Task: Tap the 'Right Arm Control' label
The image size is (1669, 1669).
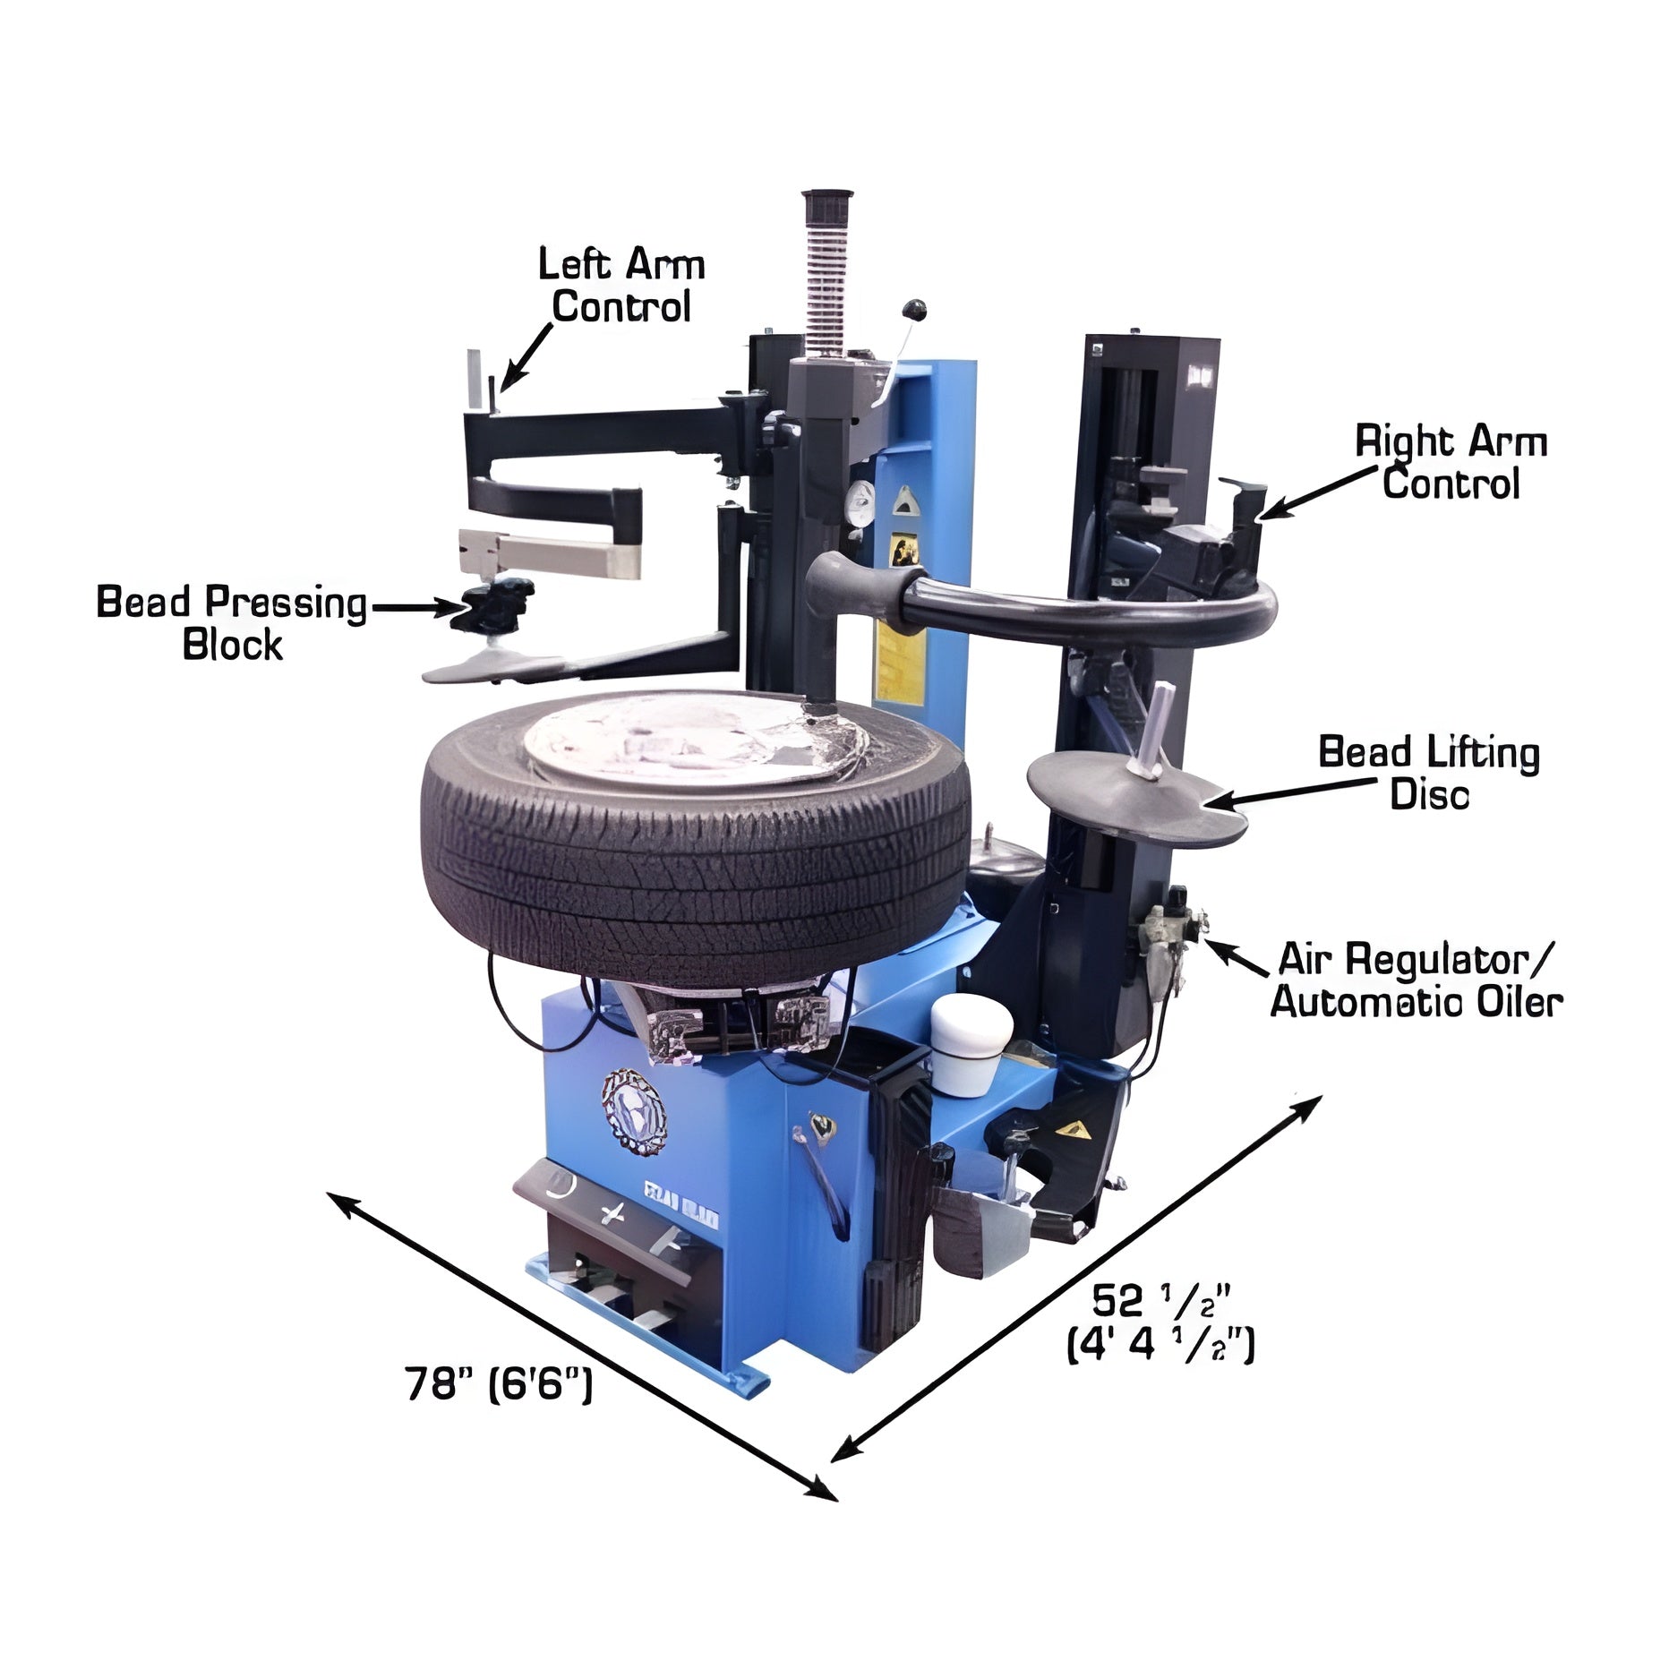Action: click(1451, 463)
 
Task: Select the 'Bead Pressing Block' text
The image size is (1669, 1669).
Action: click(232, 623)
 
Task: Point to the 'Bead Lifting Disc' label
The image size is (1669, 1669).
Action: click(1429, 773)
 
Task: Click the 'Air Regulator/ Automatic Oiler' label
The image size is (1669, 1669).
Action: click(1417, 980)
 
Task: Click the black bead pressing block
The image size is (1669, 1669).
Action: click(492, 605)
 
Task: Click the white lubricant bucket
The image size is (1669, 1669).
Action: click(971, 1045)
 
